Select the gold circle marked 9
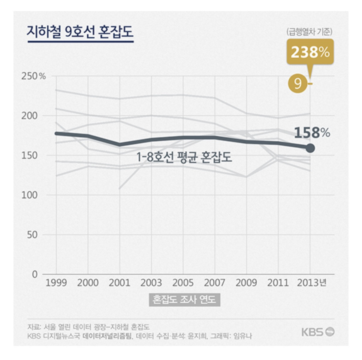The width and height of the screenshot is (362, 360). click(297, 83)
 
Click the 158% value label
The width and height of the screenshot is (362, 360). click(312, 133)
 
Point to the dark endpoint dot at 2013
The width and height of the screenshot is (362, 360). click(310, 148)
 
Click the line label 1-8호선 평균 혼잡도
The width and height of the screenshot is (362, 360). click(184, 157)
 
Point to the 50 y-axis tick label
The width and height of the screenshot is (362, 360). click(32, 235)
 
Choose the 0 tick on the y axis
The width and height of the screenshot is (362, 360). click(35, 274)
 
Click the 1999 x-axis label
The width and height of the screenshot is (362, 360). click(56, 283)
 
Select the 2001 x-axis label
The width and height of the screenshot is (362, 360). click(119, 283)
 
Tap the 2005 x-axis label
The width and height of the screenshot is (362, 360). click(183, 283)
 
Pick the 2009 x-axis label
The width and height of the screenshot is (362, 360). click(246, 283)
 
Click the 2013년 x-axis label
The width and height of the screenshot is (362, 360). click(312, 283)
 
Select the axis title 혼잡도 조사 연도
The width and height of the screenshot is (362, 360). click(184, 300)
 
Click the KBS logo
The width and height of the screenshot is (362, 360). click(318, 332)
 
